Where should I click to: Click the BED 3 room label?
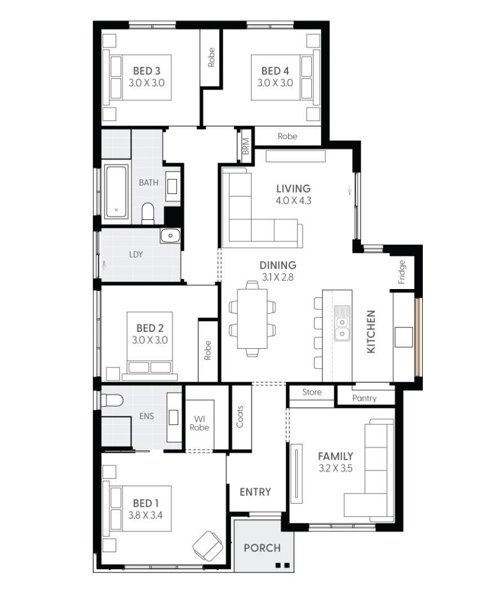pyautogui.click(x=147, y=77)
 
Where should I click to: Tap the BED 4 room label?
pyautogui.click(x=275, y=77)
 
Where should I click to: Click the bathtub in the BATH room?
pyautogui.click(x=117, y=191)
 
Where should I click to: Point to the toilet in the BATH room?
pyautogui.click(x=148, y=213)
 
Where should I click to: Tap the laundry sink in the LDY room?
pyautogui.click(x=170, y=236)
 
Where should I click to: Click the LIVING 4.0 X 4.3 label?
pyautogui.click(x=293, y=194)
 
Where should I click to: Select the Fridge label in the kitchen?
pyautogui.click(x=401, y=272)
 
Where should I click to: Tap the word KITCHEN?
pyautogui.click(x=371, y=332)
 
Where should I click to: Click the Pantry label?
pyautogui.click(x=364, y=398)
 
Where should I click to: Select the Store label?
pyautogui.click(x=312, y=392)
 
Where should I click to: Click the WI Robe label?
pyautogui.click(x=200, y=423)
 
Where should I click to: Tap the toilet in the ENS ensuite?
pyautogui.click(x=113, y=401)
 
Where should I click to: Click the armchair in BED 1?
pyautogui.click(x=207, y=544)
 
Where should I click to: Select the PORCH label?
pyautogui.click(x=262, y=548)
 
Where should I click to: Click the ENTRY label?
pyautogui.click(x=255, y=492)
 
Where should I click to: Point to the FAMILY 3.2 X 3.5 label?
pyautogui.click(x=335, y=461)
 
